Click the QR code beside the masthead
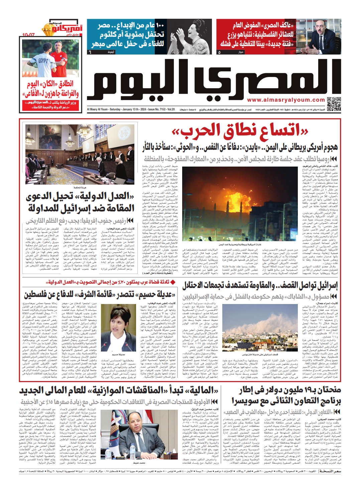[x=334, y=104]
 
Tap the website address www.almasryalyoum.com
[x=286, y=100]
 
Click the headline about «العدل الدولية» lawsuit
[x=80, y=203]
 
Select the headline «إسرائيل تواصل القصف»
[x=260, y=286]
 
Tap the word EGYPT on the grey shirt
[x=43, y=61]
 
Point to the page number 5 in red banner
[x=219, y=52]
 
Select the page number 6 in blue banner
[x=90, y=52]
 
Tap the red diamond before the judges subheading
[x=173, y=282]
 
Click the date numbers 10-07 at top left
[x=28, y=35]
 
